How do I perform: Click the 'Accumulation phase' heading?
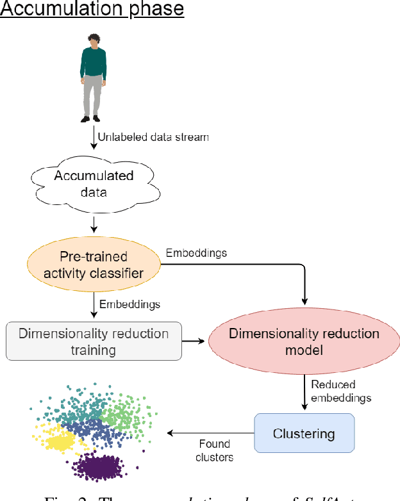pos(92,10)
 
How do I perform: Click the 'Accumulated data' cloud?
pos(94,184)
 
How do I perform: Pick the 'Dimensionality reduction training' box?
pos(94,341)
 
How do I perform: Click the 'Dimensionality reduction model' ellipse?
pos(304,342)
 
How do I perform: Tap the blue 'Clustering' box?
pos(304,434)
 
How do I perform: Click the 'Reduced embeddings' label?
pos(340,391)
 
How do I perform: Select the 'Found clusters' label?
pos(214,450)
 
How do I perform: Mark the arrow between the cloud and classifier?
pos(94,224)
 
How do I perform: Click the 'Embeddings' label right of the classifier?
pos(196,253)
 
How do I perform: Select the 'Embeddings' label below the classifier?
pos(129,304)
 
